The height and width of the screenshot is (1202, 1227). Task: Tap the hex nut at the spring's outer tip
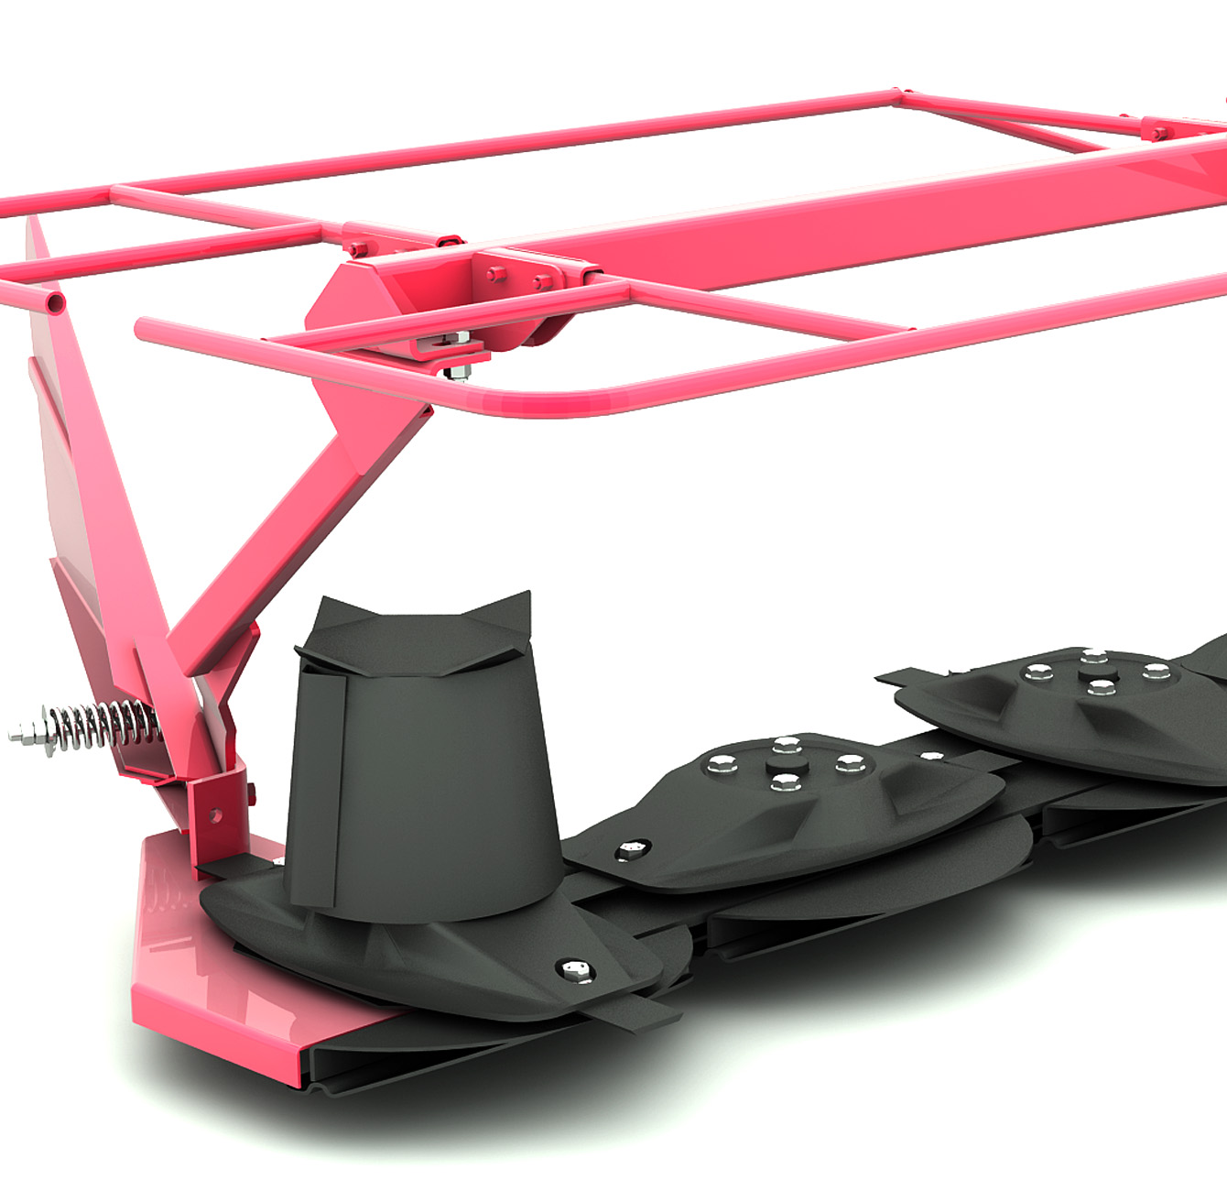(20, 733)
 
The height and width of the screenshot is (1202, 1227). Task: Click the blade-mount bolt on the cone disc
(574, 969)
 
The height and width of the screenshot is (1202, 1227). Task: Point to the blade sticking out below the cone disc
(641, 1011)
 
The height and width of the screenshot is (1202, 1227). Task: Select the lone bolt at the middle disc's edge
(631, 849)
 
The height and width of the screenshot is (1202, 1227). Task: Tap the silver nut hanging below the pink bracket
(455, 372)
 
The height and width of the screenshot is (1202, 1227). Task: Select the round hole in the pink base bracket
(213, 813)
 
